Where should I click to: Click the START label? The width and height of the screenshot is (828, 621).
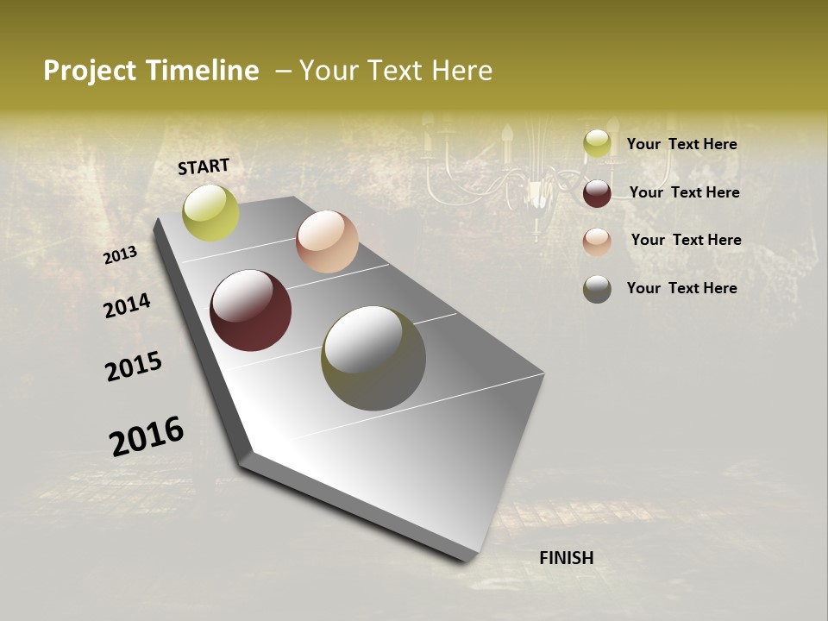pos(204,166)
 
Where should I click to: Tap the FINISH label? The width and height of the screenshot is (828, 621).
pos(566,558)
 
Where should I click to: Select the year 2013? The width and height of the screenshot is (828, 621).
pos(121,254)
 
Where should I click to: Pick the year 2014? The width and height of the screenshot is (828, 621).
pos(128,305)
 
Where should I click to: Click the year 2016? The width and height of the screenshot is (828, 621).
pos(147,436)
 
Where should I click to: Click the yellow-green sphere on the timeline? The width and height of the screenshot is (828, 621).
pos(210,212)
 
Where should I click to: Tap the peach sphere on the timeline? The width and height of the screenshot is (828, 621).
pos(327,241)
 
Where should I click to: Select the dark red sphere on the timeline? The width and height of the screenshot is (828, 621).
pos(250,310)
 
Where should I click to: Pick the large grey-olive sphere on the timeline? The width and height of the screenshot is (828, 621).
pos(373,358)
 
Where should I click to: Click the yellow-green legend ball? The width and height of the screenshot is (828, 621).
pos(597,144)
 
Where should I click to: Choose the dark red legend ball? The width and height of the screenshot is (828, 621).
pos(597,192)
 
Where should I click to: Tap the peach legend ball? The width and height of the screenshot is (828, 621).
pos(597,241)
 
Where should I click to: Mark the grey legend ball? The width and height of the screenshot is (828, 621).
pos(597,289)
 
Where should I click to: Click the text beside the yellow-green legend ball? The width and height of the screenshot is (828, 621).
pos(681,144)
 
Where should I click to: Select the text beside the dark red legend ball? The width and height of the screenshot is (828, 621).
pos(684,192)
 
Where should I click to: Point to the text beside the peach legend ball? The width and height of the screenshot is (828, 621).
pos(686,240)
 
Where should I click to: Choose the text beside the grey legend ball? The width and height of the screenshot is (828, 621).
pos(681,288)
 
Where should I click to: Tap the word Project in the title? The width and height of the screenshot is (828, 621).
pos(88,72)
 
